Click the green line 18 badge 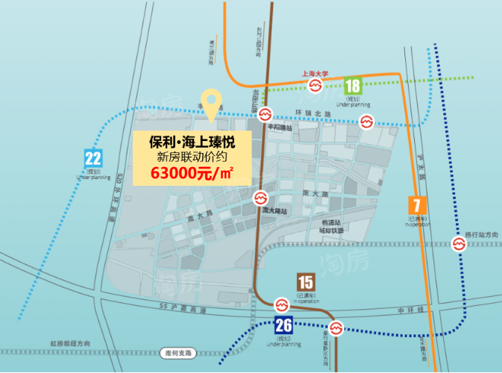[354, 86]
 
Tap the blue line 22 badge [93, 158]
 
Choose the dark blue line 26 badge [283, 325]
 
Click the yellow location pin [213, 104]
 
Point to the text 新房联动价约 [192, 157]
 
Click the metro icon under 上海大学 [316, 87]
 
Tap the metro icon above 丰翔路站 [265, 115]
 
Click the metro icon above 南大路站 [260, 199]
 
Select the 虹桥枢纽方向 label [72, 342]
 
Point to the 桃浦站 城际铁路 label [331, 226]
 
